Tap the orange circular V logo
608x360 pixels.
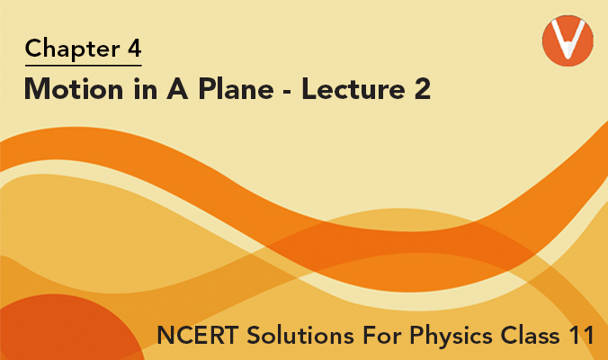coord(568,40)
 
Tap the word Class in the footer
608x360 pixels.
coord(531,335)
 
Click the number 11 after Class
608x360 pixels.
coord(583,335)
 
